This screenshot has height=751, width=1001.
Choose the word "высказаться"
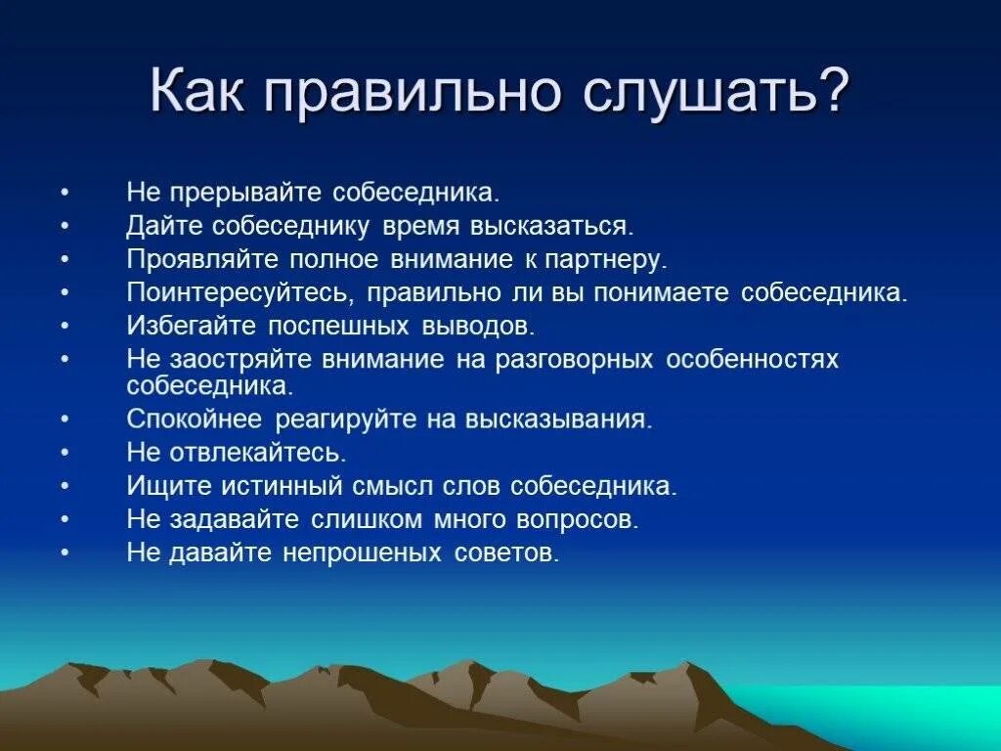[x=552, y=227]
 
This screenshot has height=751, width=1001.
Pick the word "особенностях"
[x=752, y=360]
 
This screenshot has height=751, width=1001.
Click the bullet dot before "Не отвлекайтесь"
[x=65, y=454]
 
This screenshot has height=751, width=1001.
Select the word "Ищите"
[x=160, y=486]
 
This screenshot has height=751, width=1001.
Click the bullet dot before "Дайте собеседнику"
[x=65, y=227]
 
